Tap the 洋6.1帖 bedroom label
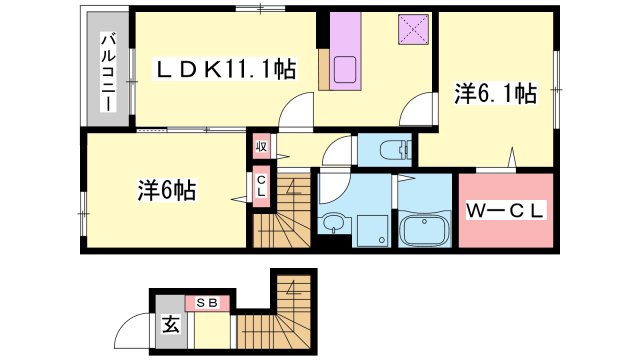pyautogui.click(x=496, y=95)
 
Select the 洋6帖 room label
pyautogui.click(x=167, y=188)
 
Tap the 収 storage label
pyautogui.click(x=259, y=146)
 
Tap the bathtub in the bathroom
pyautogui.click(x=425, y=231)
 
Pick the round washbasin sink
pyautogui.click(x=333, y=221)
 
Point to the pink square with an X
pyautogui.click(x=411, y=30)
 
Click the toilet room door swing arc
pyautogui.click(x=339, y=152)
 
